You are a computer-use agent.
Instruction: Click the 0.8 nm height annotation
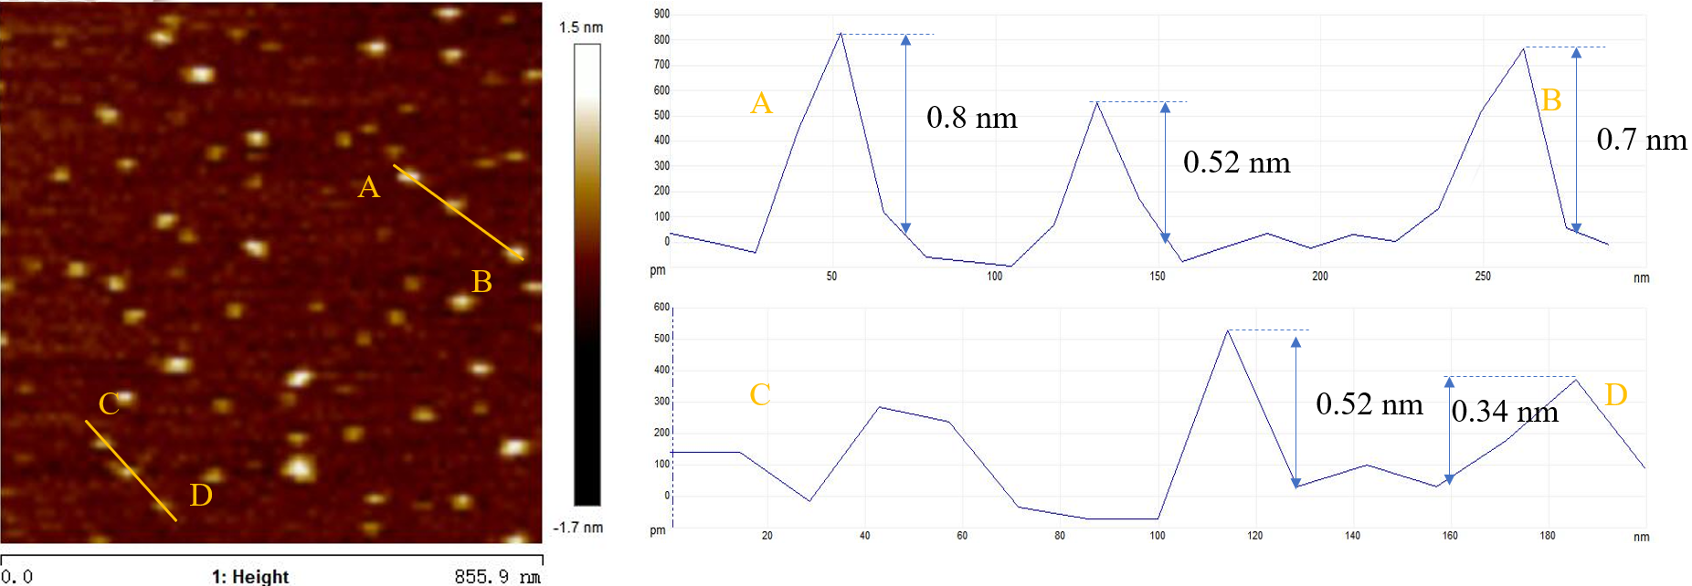pyautogui.click(x=971, y=118)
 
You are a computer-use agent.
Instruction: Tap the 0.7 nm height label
pyautogui.click(x=1641, y=140)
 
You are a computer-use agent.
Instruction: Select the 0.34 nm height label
pyautogui.click(x=1504, y=412)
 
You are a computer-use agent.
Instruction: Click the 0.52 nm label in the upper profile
pyautogui.click(x=1236, y=162)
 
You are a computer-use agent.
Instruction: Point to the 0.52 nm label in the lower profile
pyautogui.click(x=1369, y=404)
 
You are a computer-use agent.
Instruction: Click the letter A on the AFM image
pyautogui.click(x=368, y=187)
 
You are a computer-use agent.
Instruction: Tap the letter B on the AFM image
pyautogui.click(x=481, y=282)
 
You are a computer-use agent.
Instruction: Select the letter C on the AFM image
pyautogui.click(x=109, y=403)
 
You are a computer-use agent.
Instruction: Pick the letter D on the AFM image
pyautogui.click(x=201, y=495)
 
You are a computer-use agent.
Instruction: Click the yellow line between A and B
pyautogui.click(x=459, y=213)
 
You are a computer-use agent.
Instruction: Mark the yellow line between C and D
pyautogui.click(x=132, y=471)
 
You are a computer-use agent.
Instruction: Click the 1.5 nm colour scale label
pyautogui.click(x=581, y=27)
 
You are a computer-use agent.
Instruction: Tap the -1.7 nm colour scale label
pyautogui.click(x=578, y=528)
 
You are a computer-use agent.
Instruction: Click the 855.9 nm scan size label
pyautogui.click(x=498, y=576)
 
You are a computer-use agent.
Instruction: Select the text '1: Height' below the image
pyautogui.click(x=250, y=576)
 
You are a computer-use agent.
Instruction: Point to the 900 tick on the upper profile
pyautogui.click(x=661, y=14)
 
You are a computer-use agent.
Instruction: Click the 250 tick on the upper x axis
pyautogui.click(x=1482, y=276)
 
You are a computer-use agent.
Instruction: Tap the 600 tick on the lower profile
pyautogui.click(x=661, y=307)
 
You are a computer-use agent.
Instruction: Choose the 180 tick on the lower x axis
pyautogui.click(x=1547, y=536)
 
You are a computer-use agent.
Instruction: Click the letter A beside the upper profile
pyautogui.click(x=761, y=103)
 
